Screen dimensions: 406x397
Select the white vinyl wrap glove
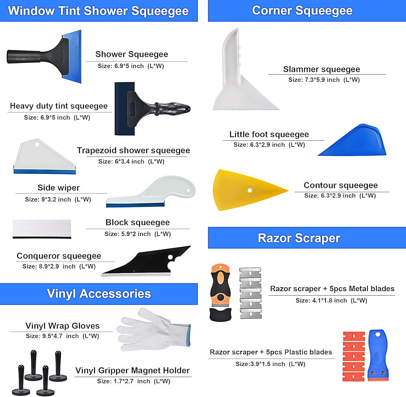tap(152, 328)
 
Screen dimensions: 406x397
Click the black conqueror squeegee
tap(150, 263)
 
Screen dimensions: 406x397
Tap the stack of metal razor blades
tap(250, 293)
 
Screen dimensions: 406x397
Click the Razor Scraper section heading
tap(299, 238)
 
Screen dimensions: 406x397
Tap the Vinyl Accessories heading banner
tap(99, 294)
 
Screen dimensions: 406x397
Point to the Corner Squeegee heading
tap(302, 10)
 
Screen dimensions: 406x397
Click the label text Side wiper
tap(58, 188)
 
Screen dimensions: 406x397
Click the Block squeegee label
tap(138, 222)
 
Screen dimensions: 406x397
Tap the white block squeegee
tap(42, 229)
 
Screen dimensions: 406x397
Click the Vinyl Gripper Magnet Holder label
tap(132, 371)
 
